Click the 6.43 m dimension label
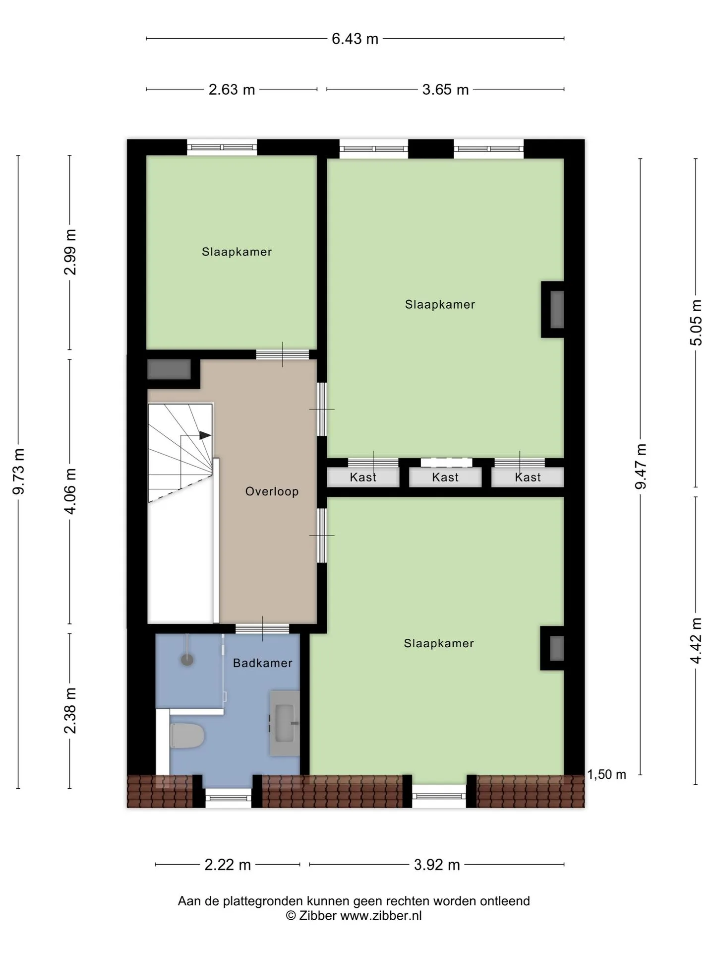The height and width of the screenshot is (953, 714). pos(355,39)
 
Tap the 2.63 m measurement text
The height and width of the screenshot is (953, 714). pos(232,90)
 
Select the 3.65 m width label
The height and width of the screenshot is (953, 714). pos(445,90)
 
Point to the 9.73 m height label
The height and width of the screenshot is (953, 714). pos(19,472)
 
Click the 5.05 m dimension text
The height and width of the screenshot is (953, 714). pos(696,323)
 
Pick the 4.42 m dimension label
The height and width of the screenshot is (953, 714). pos(696,640)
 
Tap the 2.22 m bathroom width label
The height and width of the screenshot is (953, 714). pos(228,865)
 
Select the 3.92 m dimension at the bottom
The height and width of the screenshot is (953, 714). pos(437,865)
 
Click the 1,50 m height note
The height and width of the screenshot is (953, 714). pos(607,775)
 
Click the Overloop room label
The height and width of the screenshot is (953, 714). pos(272,491)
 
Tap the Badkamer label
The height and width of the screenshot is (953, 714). pos(263,663)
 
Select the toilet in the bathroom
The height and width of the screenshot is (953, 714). pos(187,736)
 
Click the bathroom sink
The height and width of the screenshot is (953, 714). pos(285,723)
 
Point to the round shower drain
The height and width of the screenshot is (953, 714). pos(187,660)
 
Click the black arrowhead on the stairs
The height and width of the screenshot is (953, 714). pos(205,435)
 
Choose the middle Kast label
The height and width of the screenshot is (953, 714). pos(445,477)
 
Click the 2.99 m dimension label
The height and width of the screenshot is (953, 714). pos(70,252)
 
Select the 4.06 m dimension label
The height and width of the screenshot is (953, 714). pos(70,491)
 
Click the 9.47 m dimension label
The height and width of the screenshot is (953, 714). pos(641,467)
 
